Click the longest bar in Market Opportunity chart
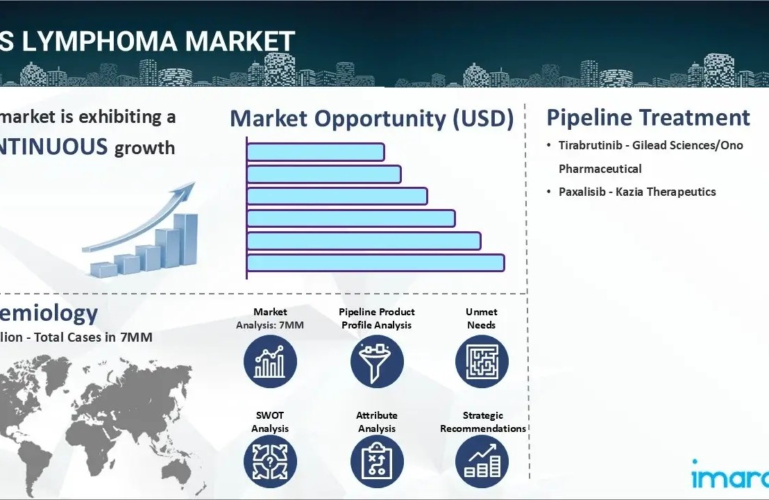point(375,262)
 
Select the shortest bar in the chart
point(315,151)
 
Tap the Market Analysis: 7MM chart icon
point(270,362)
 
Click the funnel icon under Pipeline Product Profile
point(377,362)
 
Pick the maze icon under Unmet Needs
point(482,362)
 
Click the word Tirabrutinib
point(591,145)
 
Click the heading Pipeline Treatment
point(648,117)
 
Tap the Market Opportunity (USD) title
point(371,119)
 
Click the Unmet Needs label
point(481,318)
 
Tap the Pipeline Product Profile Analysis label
point(377,318)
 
